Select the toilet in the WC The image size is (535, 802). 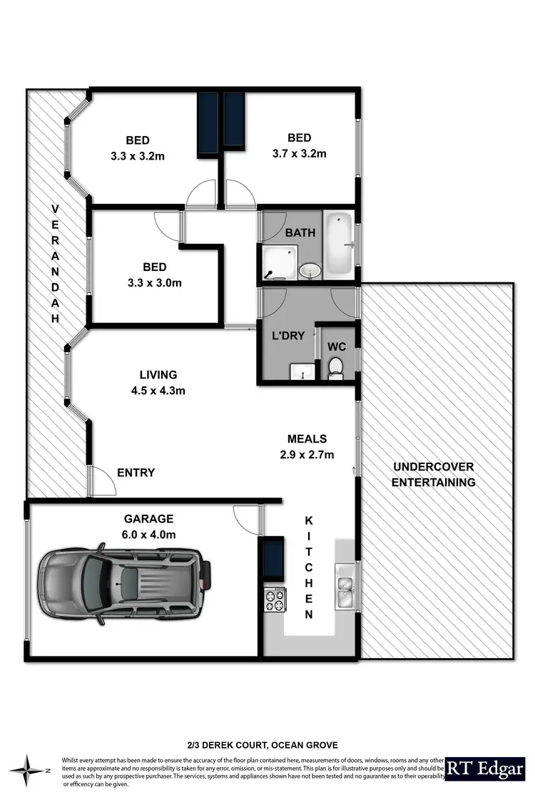pos(336,367)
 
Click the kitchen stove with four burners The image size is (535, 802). pos(275,599)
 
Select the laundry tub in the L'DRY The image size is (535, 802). pos(302,371)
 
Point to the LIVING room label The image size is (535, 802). pos(158,374)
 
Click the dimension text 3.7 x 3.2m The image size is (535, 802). pos(299,153)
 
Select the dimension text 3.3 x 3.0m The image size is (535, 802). pos(154,282)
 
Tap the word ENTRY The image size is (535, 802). pos(136,473)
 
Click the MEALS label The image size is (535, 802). pos(307,439)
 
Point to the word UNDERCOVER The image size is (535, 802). pos(434,467)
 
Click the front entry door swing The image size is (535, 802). pos(103,482)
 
